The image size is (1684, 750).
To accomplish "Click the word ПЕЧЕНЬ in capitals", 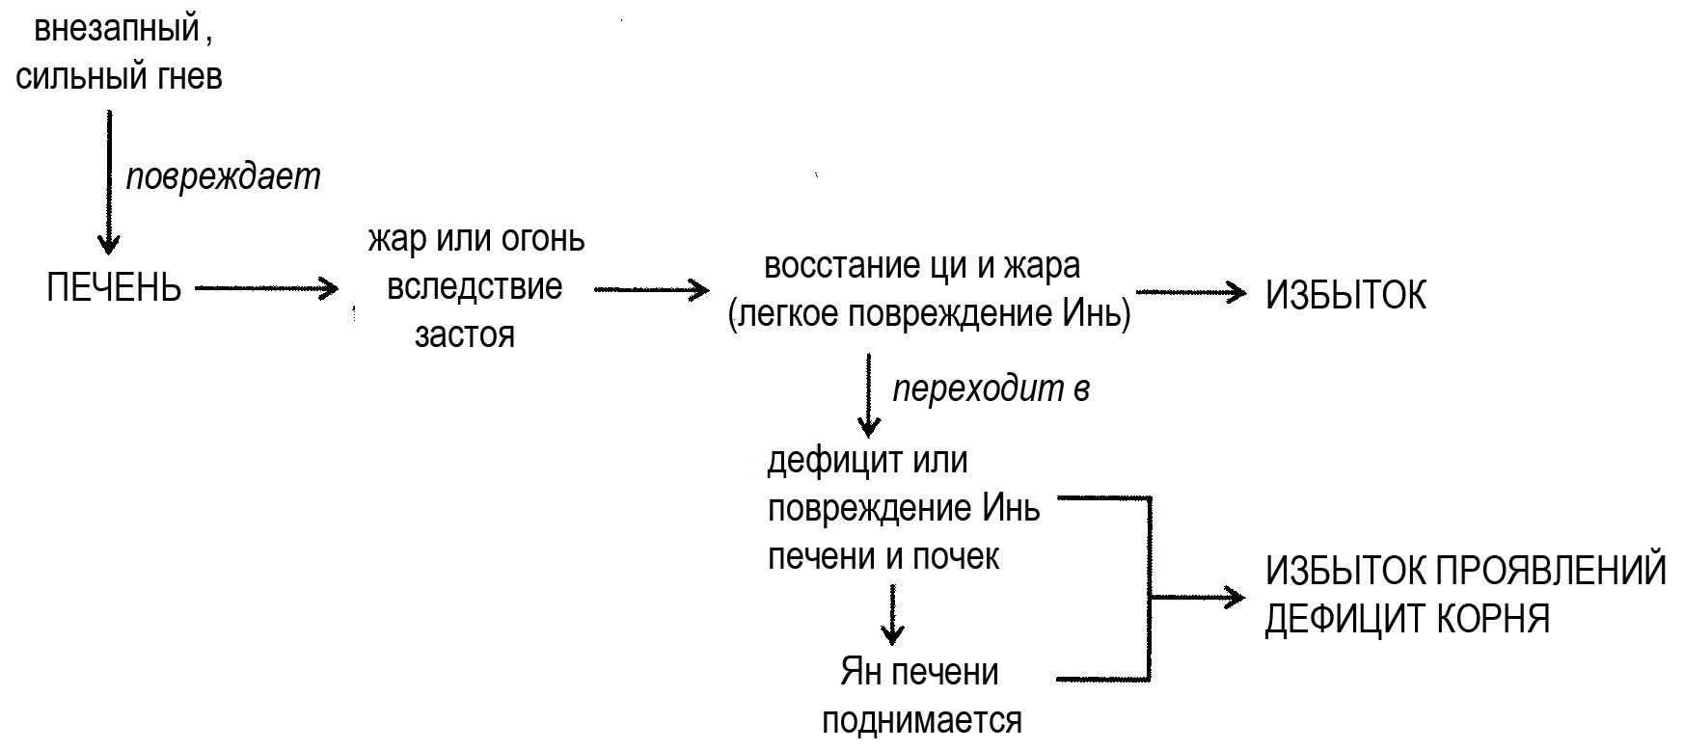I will (x=114, y=288).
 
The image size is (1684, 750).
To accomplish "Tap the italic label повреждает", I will (x=223, y=177).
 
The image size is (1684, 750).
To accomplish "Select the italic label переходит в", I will (x=991, y=388).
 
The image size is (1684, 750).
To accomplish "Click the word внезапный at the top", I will (x=117, y=29).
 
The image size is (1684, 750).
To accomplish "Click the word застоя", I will (x=464, y=335).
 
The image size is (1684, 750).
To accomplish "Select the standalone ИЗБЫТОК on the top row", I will (x=1345, y=296).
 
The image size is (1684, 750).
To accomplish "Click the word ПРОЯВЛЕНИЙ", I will (x=1553, y=572).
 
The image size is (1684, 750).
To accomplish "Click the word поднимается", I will (x=921, y=720).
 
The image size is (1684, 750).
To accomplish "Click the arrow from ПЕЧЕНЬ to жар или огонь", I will (x=266, y=287).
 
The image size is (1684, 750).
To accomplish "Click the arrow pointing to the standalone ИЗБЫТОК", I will (x=1192, y=292).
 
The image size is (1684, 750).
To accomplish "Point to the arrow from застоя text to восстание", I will (x=651, y=289).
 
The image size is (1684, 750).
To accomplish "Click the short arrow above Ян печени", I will (x=893, y=616).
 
